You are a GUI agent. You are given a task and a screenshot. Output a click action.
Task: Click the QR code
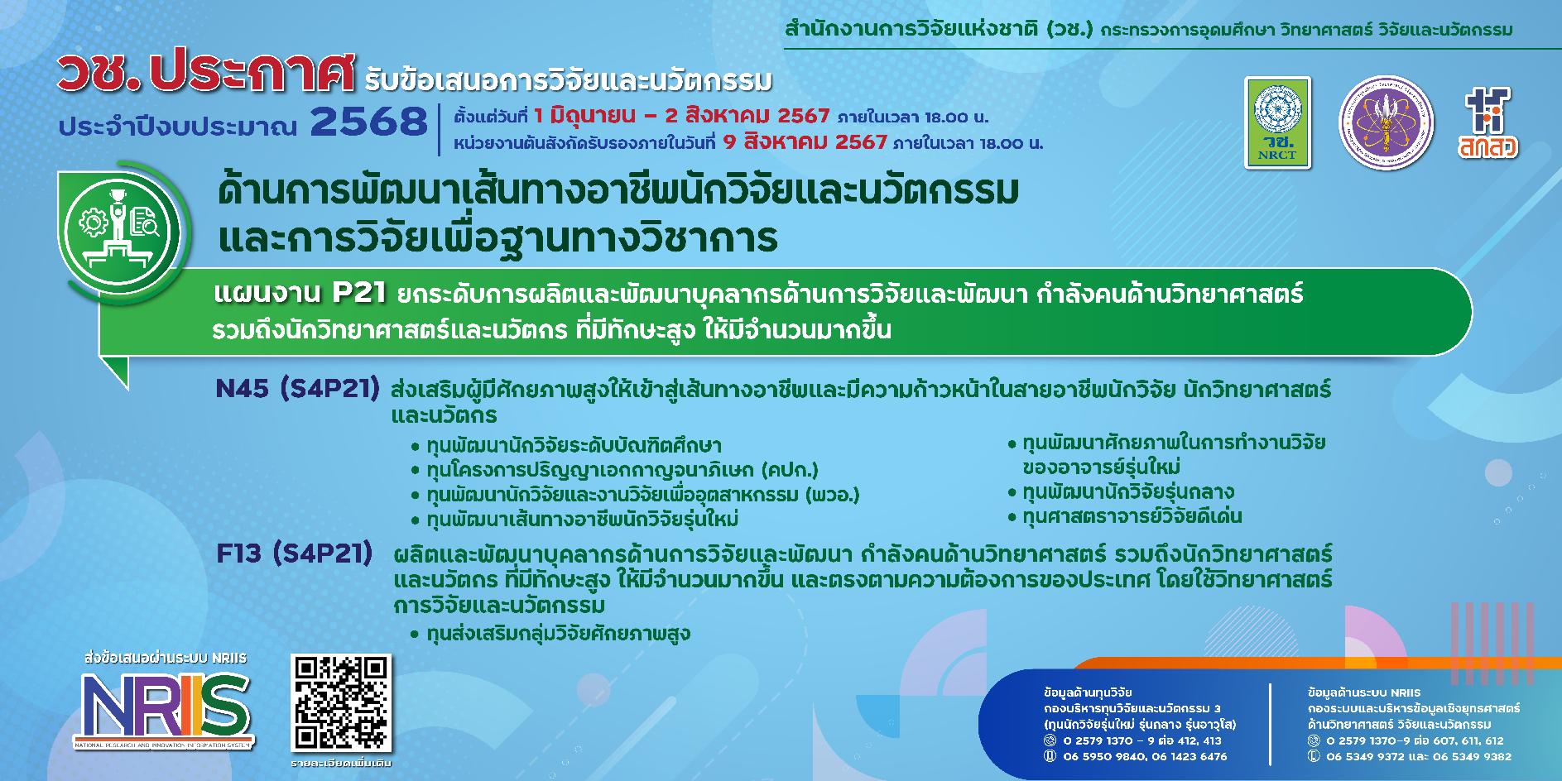(340, 702)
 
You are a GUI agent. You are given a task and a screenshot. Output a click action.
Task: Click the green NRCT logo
(1277, 123)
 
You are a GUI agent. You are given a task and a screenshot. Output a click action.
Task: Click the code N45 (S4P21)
(297, 389)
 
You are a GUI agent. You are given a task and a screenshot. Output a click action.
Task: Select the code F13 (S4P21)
(294, 553)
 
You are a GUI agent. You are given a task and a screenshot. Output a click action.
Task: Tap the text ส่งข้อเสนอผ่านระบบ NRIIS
(165, 659)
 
